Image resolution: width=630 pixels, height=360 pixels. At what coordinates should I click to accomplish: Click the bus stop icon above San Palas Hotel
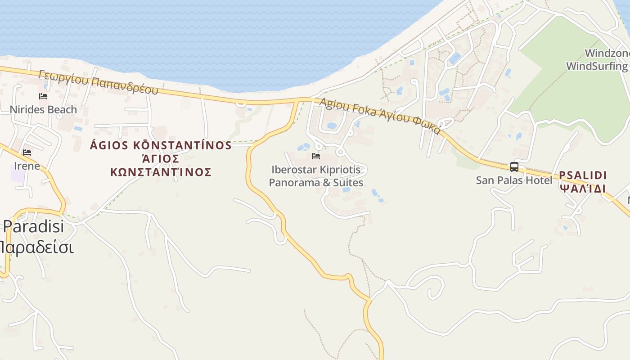point(514,167)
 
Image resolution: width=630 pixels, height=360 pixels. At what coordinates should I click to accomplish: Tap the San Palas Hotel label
point(514,180)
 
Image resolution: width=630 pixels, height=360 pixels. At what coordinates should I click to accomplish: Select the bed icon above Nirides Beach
point(43,96)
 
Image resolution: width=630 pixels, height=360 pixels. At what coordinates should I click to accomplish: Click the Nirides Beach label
point(43,109)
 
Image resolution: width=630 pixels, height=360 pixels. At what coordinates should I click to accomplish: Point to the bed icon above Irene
point(27,153)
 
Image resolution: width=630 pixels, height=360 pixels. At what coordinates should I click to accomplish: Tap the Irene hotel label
point(27,166)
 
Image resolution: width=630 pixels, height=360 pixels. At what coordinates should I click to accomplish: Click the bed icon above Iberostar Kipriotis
point(316,156)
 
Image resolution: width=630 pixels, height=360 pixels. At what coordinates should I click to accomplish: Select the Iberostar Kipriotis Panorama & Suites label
point(316,176)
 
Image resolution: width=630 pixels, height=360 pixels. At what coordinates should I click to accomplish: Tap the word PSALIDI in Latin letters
point(583,175)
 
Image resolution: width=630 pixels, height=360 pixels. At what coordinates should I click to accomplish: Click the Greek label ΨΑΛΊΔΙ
point(583,189)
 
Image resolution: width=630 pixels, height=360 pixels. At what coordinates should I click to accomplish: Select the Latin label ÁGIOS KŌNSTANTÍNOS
point(161,145)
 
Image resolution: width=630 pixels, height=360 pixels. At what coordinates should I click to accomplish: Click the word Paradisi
point(34,226)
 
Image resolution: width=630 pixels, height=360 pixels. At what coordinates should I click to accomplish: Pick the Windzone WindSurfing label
point(598,60)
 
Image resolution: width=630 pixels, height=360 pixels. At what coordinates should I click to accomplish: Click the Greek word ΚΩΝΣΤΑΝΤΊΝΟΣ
point(161,172)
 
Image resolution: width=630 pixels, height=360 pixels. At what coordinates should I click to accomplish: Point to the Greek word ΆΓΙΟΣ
point(161,159)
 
